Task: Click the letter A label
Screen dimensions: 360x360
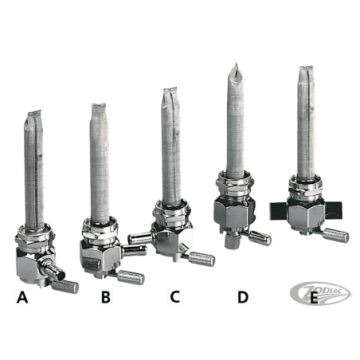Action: coord(22,297)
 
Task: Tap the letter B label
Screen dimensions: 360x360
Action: coord(106,297)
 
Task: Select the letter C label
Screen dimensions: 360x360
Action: coord(175,296)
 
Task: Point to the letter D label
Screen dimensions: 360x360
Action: coord(243,297)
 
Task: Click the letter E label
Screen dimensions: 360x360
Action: coord(314,298)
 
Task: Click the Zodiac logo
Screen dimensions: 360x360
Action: coord(319,293)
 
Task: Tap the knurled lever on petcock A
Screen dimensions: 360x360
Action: coord(65,287)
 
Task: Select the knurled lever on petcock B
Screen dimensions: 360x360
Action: coord(131,277)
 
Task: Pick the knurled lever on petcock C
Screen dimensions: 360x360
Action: coord(202,260)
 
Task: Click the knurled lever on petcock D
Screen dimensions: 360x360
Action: coord(260,238)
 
